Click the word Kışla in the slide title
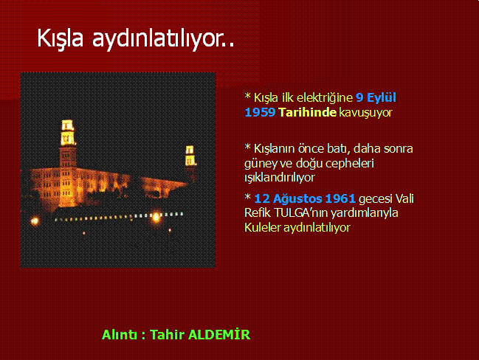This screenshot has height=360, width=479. coord(61,39)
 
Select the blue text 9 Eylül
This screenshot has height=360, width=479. coord(376,97)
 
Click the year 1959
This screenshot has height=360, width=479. coord(260,112)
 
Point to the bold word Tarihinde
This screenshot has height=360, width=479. coord(307,112)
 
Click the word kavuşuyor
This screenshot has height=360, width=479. coord(365,113)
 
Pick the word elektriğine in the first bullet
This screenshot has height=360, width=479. coord(325,98)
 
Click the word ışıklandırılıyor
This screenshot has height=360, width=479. coord(280,178)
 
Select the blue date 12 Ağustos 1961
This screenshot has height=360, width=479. coord(305,198)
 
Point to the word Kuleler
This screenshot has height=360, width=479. coord(263,227)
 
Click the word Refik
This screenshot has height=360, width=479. coord(258,212)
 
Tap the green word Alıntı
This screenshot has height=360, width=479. coord(120,335)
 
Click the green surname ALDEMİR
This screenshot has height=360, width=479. coord(219,334)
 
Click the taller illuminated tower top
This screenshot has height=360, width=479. coord(67,132)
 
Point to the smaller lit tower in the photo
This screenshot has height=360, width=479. coord(190,156)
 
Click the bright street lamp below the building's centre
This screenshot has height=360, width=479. coord(156,217)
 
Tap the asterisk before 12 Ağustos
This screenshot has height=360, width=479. coord(247,197)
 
